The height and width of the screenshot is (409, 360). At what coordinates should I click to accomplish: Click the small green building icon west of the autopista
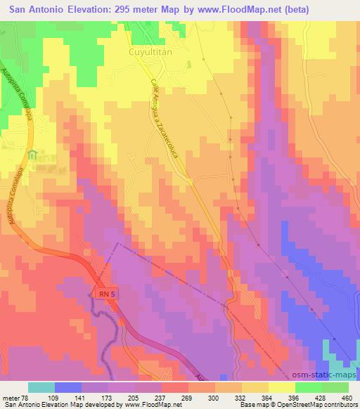(31, 155)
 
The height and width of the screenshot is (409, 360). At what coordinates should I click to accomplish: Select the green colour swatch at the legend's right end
(335, 387)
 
